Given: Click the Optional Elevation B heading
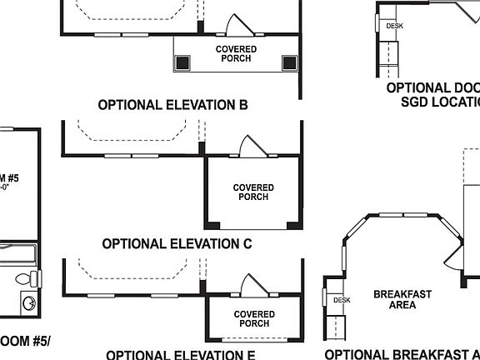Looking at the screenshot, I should click(x=173, y=106).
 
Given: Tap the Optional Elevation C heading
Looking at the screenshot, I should click(x=177, y=244).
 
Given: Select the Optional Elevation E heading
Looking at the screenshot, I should click(x=180, y=354).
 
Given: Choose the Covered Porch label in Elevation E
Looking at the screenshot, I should click(x=254, y=319).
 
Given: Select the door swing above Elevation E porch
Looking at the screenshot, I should click(x=250, y=285).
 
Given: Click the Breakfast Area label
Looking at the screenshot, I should click(x=402, y=299).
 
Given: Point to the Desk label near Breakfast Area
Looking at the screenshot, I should click(x=341, y=300).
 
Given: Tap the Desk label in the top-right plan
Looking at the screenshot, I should click(x=394, y=26).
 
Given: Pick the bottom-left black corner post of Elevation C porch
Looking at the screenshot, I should click(x=213, y=225).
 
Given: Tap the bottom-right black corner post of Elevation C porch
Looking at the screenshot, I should click(x=292, y=225).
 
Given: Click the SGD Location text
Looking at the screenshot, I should click(x=441, y=102).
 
